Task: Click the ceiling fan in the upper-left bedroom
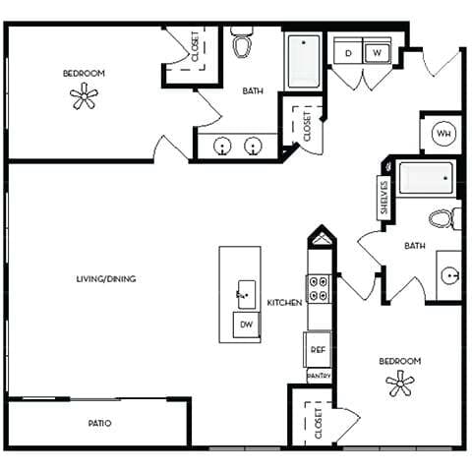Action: (x=85, y=95)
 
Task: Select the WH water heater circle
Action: (x=442, y=134)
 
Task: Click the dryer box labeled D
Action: (x=348, y=52)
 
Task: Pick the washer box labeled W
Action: (x=379, y=52)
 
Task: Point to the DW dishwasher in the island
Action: (x=246, y=325)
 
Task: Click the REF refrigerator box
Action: (x=319, y=349)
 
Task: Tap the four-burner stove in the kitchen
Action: (x=320, y=288)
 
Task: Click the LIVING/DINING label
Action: (x=105, y=279)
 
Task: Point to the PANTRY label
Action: (x=319, y=376)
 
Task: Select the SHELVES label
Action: (x=383, y=198)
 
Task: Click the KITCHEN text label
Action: (x=284, y=303)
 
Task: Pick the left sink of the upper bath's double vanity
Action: (x=224, y=147)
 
